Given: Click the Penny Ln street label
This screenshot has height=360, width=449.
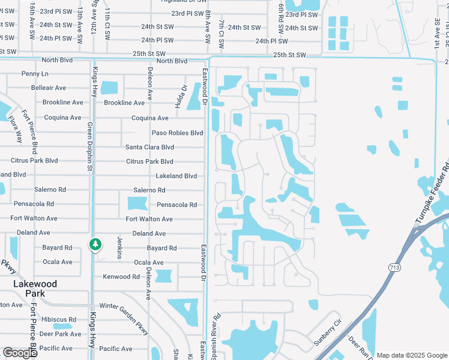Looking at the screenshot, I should (x=35, y=74).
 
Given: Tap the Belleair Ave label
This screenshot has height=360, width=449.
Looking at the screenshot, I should (x=49, y=88).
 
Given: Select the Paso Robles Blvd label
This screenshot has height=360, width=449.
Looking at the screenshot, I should (x=177, y=133).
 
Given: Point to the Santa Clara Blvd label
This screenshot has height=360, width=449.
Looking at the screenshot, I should (x=149, y=147).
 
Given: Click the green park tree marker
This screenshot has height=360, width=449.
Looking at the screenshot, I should (x=94, y=244).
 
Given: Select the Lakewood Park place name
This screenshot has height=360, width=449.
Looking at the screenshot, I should (x=35, y=289).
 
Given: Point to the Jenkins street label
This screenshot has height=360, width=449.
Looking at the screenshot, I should (x=120, y=247).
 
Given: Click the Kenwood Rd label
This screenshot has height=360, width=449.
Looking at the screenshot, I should (x=121, y=277).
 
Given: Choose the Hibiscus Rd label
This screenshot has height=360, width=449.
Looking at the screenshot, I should (x=55, y=320).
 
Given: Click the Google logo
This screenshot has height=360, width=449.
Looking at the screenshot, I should (x=20, y=353).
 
